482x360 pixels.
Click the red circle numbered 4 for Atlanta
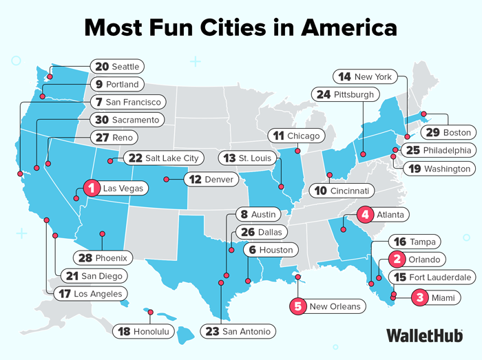click(364, 215)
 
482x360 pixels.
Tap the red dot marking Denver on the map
click(165, 180)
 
